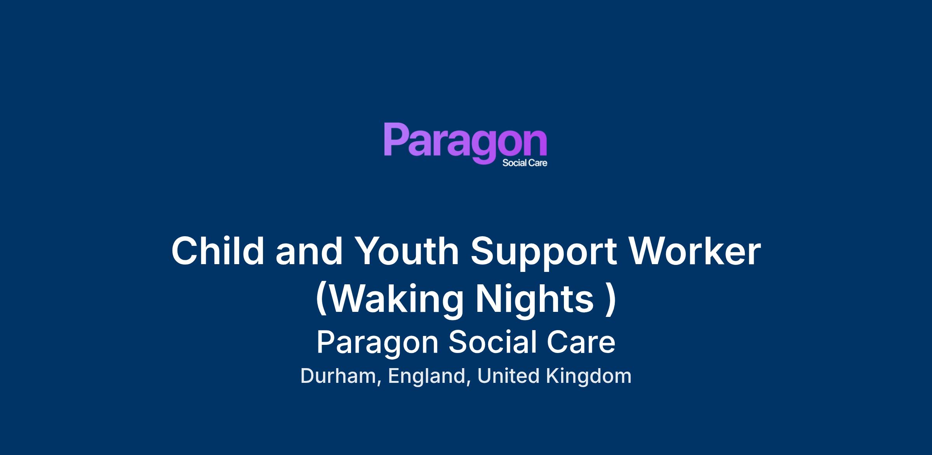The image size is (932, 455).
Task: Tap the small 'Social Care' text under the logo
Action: pos(525,163)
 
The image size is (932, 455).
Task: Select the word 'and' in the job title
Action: pos(309,251)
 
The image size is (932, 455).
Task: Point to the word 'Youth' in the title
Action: pos(407,251)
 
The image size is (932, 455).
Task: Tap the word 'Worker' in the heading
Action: pos(694,251)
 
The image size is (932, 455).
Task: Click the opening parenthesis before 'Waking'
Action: pos(321,299)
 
